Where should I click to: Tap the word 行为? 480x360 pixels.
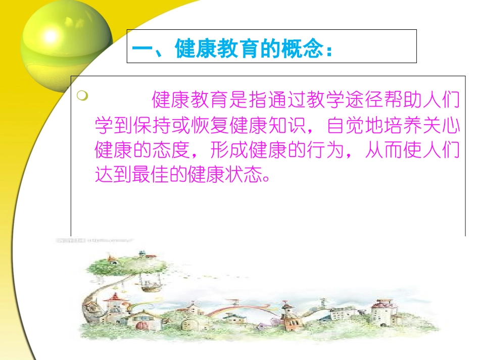point(337,150)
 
